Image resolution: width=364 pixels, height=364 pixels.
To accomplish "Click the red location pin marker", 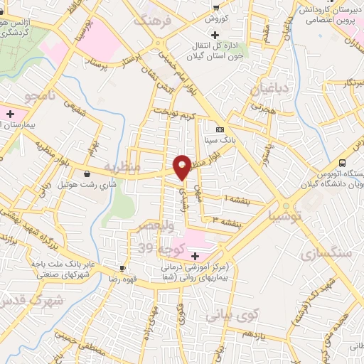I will pos(182,166).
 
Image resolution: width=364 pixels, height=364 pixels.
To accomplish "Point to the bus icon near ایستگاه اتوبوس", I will pos(343,163).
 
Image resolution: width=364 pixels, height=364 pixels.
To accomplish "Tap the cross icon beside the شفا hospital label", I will pos(195,255).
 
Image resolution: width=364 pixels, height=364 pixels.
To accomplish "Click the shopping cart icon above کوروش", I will pos(215,6).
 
